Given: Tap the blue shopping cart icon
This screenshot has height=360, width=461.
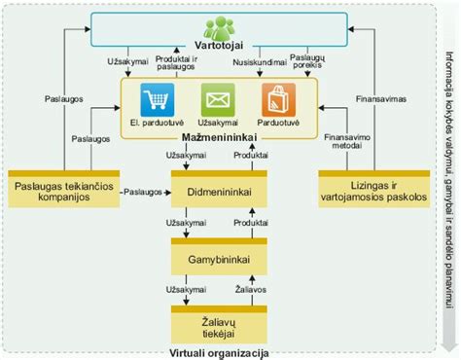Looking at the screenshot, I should tap(156, 100).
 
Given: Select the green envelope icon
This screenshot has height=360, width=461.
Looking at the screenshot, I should tap(217, 100).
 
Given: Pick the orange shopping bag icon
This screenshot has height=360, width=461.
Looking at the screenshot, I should tap(277, 100).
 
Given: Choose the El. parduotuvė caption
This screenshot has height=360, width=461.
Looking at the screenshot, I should tap(156, 123).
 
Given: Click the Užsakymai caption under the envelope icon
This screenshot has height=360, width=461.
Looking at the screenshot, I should tap(217, 123).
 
